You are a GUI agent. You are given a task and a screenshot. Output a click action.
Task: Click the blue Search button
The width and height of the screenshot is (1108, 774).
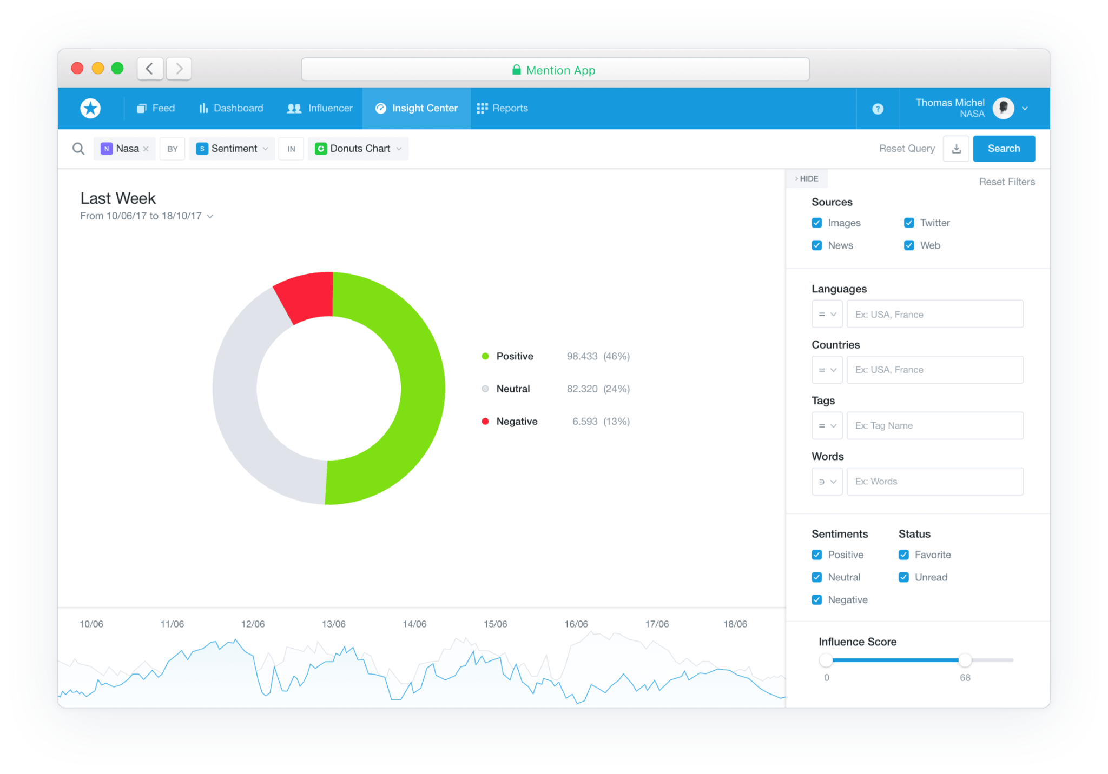click(x=1004, y=149)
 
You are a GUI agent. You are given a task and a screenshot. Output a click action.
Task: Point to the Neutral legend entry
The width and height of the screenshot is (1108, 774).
click(x=512, y=389)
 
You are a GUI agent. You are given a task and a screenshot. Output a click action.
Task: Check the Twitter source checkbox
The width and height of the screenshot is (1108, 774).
click(x=909, y=223)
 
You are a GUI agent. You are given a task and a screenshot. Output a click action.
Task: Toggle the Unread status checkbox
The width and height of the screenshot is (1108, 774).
click(x=903, y=577)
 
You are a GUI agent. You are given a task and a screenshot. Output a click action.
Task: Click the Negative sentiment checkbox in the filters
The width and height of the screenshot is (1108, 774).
click(x=817, y=600)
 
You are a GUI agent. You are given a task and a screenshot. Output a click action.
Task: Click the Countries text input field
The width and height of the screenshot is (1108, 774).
click(x=934, y=370)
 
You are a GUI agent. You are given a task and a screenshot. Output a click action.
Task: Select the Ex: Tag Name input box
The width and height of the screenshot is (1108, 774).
click(x=934, y=425)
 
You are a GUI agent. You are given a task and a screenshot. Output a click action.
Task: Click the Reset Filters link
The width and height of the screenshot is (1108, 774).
click(x=1006, y=182)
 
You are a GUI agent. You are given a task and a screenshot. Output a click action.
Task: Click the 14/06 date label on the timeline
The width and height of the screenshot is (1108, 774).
click(x=414, y=624)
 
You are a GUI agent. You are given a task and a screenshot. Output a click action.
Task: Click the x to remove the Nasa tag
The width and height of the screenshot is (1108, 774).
click(x=146, y=149)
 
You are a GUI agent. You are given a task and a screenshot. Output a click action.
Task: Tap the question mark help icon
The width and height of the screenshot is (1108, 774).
click(x=878, y=109)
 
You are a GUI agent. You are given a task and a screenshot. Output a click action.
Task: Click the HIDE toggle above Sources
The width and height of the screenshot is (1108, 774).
click(x=807, y=178)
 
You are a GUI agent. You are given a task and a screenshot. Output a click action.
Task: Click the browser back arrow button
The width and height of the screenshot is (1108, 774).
click(x=150, y=69)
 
